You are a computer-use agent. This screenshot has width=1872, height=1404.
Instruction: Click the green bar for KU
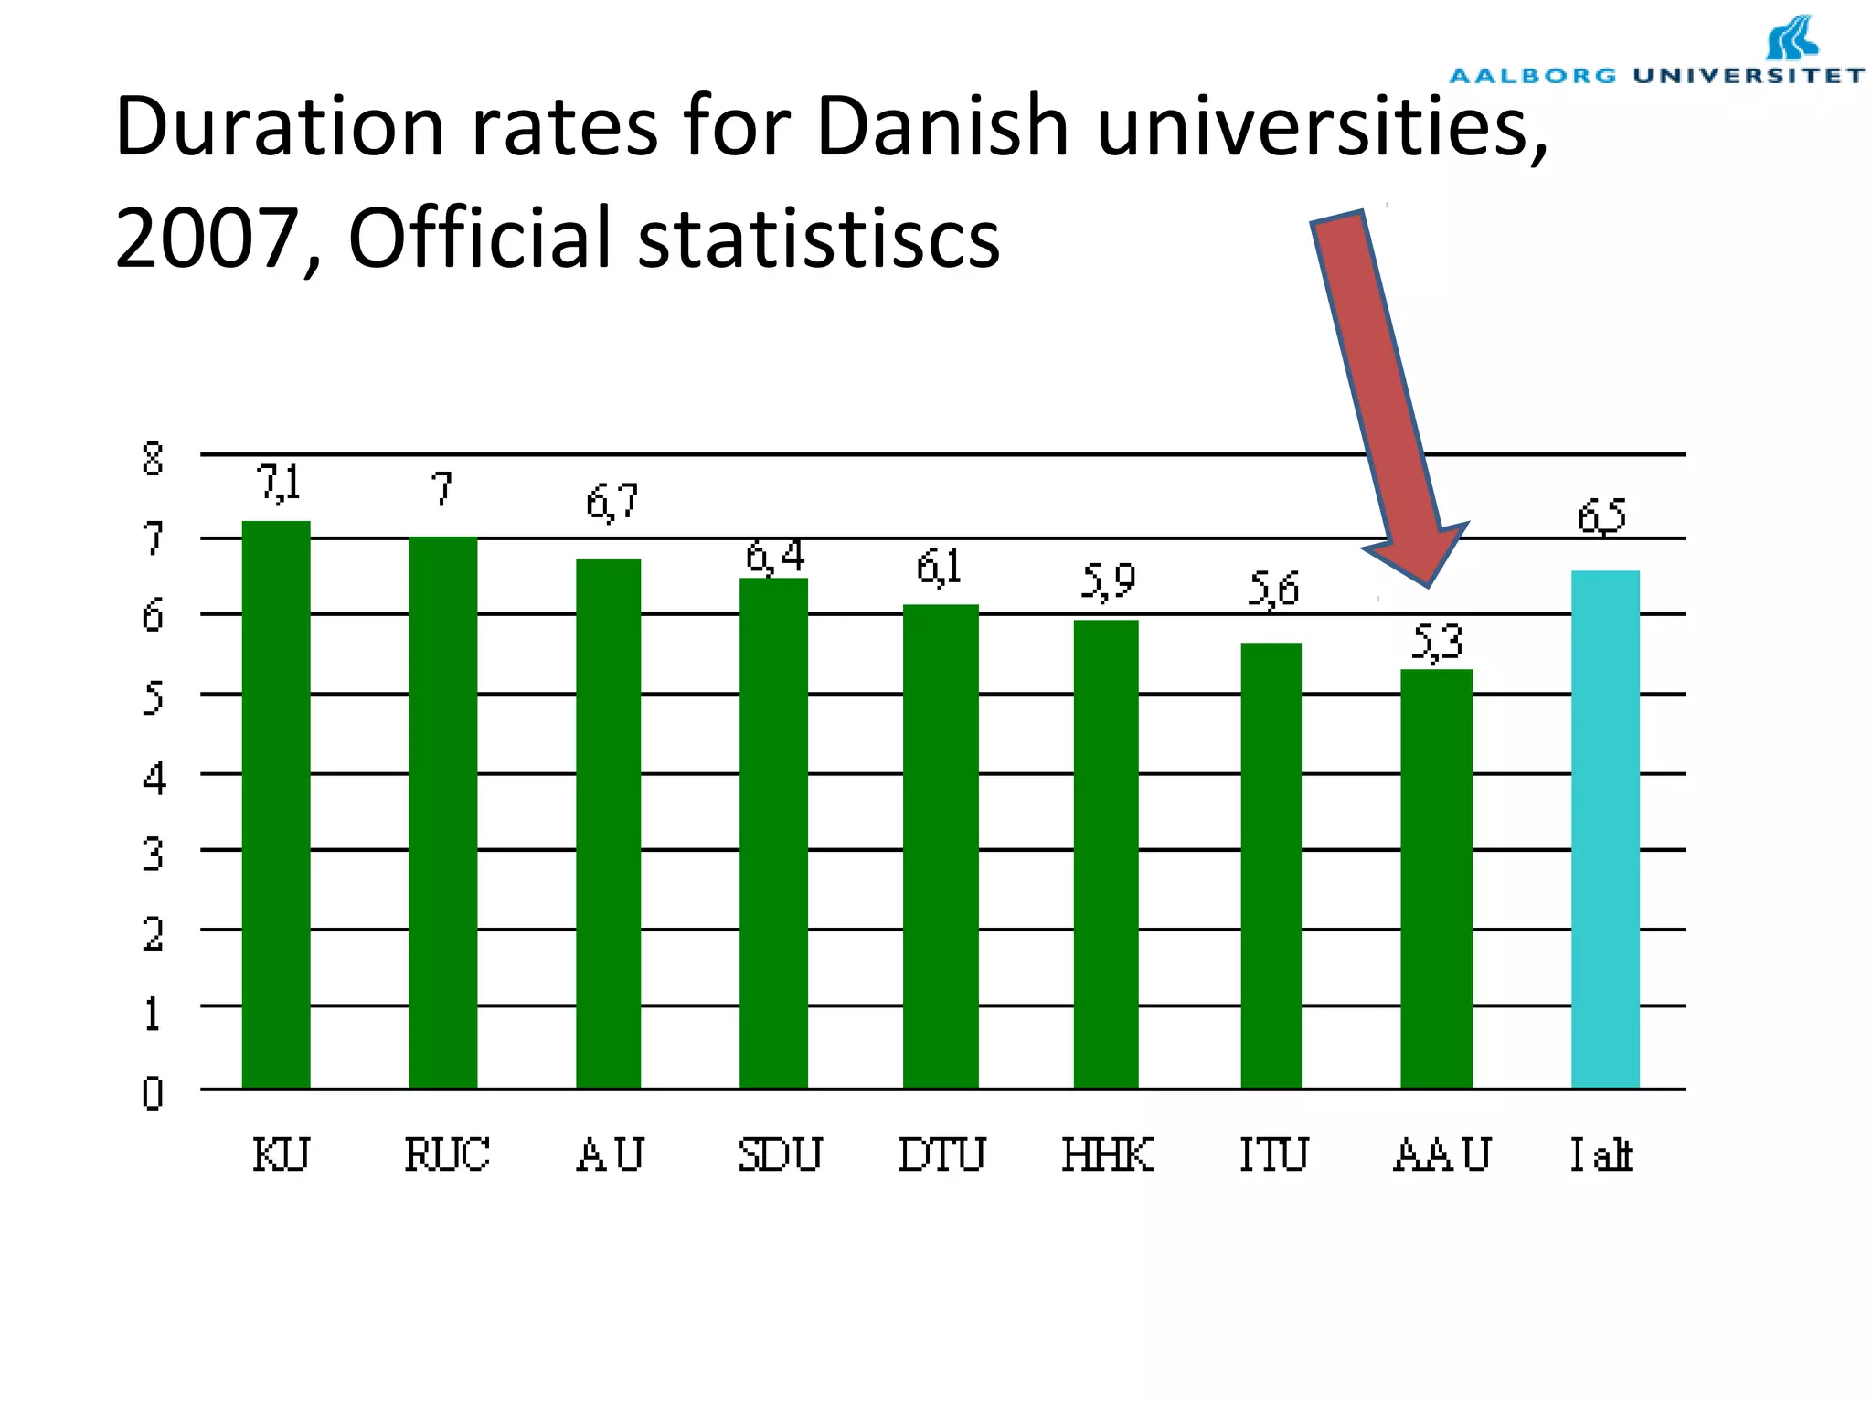point(276,804)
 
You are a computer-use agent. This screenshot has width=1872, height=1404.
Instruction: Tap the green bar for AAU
point(1436,878)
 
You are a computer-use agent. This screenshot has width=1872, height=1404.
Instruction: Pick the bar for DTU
point(941,846)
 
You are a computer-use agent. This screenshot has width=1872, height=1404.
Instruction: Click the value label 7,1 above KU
point(279,483)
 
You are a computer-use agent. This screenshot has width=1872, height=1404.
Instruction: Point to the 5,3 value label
point(1438,643)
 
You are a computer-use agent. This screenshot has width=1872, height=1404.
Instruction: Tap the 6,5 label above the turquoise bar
point(1601,517)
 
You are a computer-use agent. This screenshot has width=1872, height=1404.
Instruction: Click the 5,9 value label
point(1108,580)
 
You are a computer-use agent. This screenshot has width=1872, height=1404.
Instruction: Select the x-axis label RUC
point(447,1154)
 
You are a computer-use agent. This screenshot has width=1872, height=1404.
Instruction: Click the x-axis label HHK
point(1108,1154)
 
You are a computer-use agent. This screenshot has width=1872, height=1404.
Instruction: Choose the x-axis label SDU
point(780,1154)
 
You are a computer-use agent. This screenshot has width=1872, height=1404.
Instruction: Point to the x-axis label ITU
point(1273,1154)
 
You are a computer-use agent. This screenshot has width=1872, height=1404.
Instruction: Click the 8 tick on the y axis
point(153,458)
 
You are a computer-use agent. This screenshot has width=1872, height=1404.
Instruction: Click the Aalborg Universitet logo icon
point(1792,38)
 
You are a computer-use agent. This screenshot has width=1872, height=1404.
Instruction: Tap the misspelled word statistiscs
point(818,238)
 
